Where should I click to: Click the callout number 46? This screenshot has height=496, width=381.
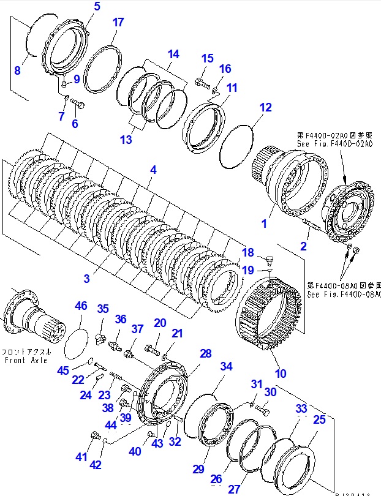point(81,306)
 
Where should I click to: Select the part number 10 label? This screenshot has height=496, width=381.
point(281,373)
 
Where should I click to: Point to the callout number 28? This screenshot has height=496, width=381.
point(205,354)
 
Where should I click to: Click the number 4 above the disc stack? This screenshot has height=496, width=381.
point(154,170)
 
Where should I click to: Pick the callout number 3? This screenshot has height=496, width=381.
point(87,278)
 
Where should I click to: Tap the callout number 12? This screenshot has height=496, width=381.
point(265,108)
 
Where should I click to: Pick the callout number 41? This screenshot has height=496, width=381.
point(81,456)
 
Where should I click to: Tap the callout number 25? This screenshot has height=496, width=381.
point(319,419)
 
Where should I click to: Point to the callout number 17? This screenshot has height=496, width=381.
point(118,23)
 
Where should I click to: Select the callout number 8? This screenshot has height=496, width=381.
point(17,70)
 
